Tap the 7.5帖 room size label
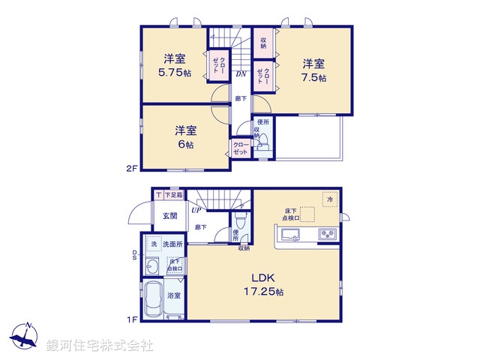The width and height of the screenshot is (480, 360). [314, 78]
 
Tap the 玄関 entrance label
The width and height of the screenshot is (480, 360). [169, 216]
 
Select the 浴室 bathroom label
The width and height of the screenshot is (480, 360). [172, 296]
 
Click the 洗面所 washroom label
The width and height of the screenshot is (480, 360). [174, 245]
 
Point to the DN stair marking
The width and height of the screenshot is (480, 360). [241, 73]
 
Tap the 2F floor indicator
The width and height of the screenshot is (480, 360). [131, 169]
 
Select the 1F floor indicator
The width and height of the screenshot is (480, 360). [131, 320]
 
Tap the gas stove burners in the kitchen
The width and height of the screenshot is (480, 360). [328, 235]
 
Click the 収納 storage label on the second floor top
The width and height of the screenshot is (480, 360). [265, 41]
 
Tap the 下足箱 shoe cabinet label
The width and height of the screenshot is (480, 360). [174, 195]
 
